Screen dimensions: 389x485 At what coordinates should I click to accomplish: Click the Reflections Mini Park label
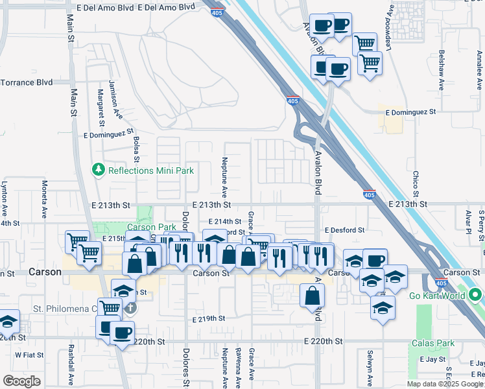coord(151,171)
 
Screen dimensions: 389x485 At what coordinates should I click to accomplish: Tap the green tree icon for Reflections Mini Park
coord(99,170)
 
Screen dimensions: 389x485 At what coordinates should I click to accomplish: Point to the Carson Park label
coord(151,227)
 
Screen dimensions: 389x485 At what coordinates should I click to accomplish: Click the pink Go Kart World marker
coord(477,296)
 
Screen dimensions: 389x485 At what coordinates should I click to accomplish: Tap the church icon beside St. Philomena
coord(130,307)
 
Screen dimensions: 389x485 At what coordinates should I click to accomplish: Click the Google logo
coord(22,381)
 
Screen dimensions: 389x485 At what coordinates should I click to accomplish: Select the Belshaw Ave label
coord(442,70)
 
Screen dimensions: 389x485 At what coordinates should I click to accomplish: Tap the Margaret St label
coord(102,108)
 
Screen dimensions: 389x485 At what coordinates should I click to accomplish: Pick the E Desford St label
coord(345,230)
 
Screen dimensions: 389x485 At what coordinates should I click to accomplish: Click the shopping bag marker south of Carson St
coord(313,296)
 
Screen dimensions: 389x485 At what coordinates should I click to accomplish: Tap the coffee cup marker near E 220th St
coord(121,334)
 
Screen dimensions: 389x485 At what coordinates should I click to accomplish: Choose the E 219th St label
coord(209,319)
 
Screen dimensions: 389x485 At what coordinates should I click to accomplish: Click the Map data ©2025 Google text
coord(445,384)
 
